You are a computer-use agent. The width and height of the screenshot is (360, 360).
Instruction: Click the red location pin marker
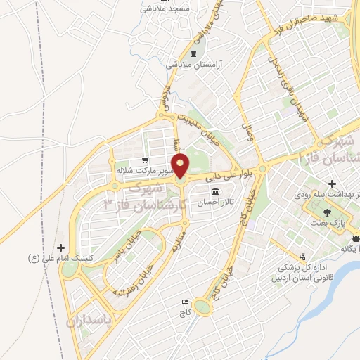pos(181,166)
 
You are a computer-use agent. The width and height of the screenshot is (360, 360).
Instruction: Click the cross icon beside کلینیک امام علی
pos(61,247)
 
